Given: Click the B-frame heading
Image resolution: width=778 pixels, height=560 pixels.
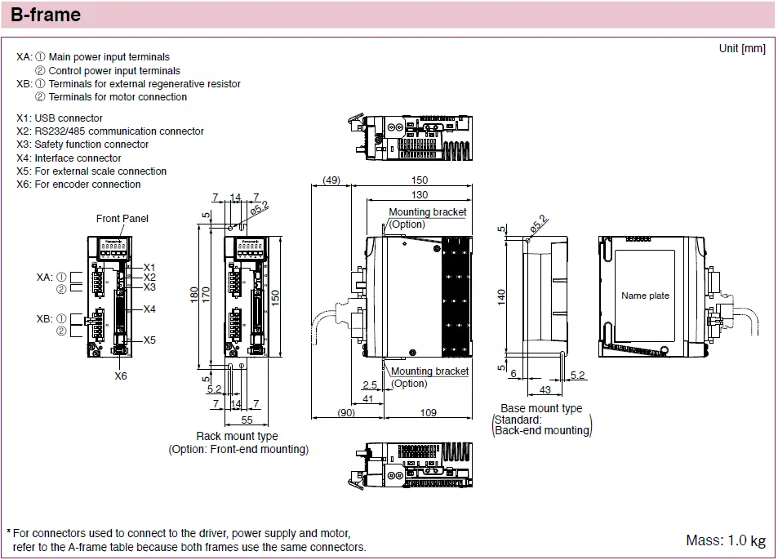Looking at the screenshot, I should point(46,15).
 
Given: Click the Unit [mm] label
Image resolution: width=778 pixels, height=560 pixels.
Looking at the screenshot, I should point(742,48).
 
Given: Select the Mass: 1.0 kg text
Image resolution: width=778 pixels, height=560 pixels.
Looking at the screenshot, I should point(726,540).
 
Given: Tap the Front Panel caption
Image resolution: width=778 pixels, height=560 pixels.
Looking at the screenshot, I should point(122,218).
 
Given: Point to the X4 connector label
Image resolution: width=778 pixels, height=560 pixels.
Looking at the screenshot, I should point(149,309).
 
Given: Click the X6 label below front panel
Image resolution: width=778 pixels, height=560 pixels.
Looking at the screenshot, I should point(121,376).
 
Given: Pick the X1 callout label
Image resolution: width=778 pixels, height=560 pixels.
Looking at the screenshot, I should point(149,267).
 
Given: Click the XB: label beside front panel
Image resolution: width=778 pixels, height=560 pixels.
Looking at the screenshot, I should point(46,318).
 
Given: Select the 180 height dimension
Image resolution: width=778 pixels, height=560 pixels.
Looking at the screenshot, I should point(194,293).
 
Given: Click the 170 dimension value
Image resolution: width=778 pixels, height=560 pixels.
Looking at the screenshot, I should point(207,293).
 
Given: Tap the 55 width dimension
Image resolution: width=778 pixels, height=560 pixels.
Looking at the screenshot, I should point(246,420).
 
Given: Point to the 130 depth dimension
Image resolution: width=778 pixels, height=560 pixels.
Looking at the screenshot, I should point(419,194).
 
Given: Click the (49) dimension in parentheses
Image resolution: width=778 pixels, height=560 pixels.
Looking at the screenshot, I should point(331,180).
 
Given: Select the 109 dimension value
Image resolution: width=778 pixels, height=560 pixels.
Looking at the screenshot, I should point(428,412).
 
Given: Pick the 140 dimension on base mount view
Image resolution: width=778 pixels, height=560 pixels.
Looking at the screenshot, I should point(502,296).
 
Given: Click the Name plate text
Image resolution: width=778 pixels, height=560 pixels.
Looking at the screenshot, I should point(645,296).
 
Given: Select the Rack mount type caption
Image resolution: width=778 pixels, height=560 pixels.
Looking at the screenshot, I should point(237,437).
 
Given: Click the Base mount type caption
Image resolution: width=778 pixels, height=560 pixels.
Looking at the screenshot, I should point(541,408).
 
